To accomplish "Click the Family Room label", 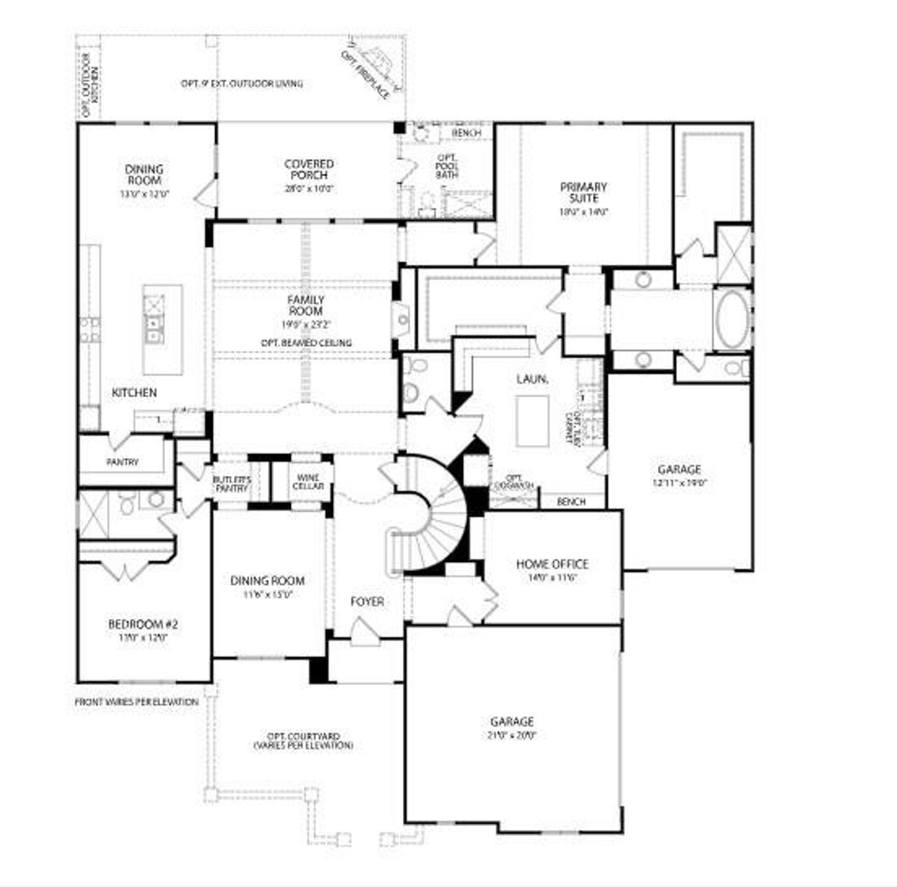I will click(306, 305).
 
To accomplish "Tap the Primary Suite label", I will click(583, 193).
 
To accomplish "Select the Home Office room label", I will click(552, 564).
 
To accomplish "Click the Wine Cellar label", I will click(307, 481).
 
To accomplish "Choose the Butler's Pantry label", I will click(231, 483).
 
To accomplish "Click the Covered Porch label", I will click(308, 170).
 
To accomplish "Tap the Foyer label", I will click(367, 602).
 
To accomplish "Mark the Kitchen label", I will click(135, 392).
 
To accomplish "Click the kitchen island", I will click(163, 329).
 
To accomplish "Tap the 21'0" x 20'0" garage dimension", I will click(512, 735).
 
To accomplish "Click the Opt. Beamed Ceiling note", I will click(306, 343).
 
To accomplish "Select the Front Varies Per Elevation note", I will click(137, 701).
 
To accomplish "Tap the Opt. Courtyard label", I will click(303, 741).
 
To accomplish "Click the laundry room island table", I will click(533, 420).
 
